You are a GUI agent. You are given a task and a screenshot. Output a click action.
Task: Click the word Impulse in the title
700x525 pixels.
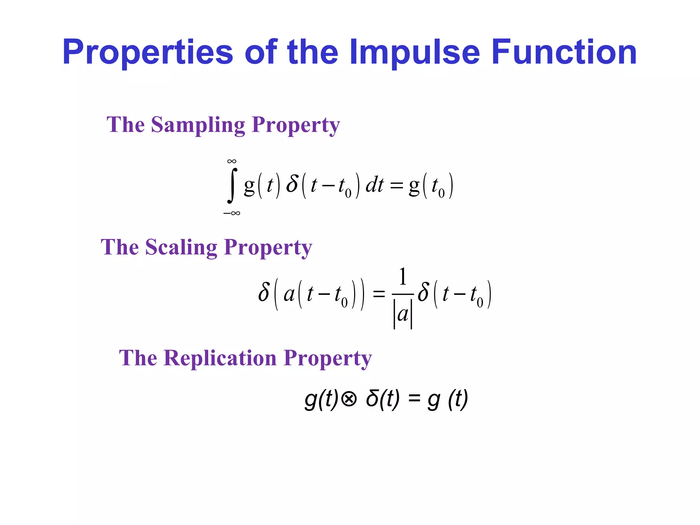[x=415, y=52]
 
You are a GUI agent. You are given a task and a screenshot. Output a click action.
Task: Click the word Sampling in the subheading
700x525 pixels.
[x=198, y=125]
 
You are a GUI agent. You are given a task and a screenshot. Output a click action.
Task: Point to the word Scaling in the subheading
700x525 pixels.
[x=181, y=247]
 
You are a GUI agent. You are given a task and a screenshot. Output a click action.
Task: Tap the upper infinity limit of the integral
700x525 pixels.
[x=232, y=161]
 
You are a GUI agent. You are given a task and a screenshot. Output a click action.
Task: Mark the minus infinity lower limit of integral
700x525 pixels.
[x=232, y=213]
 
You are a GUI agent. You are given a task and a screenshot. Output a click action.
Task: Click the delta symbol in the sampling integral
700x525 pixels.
[x=292, y=185]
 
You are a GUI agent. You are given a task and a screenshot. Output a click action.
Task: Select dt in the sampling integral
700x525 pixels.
[x=375, y=186]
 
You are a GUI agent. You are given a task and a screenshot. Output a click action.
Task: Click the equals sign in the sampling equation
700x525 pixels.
[x=396, y=186]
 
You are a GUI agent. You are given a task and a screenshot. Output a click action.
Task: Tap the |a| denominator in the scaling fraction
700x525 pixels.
[x=403, y=314]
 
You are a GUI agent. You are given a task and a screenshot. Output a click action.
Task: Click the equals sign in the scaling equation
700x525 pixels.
[x=379, y=294]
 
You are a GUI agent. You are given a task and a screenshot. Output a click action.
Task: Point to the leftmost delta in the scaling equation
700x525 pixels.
[x=264, y=293]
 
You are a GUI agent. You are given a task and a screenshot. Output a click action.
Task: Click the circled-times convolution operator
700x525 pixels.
[x=349, y=399]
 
